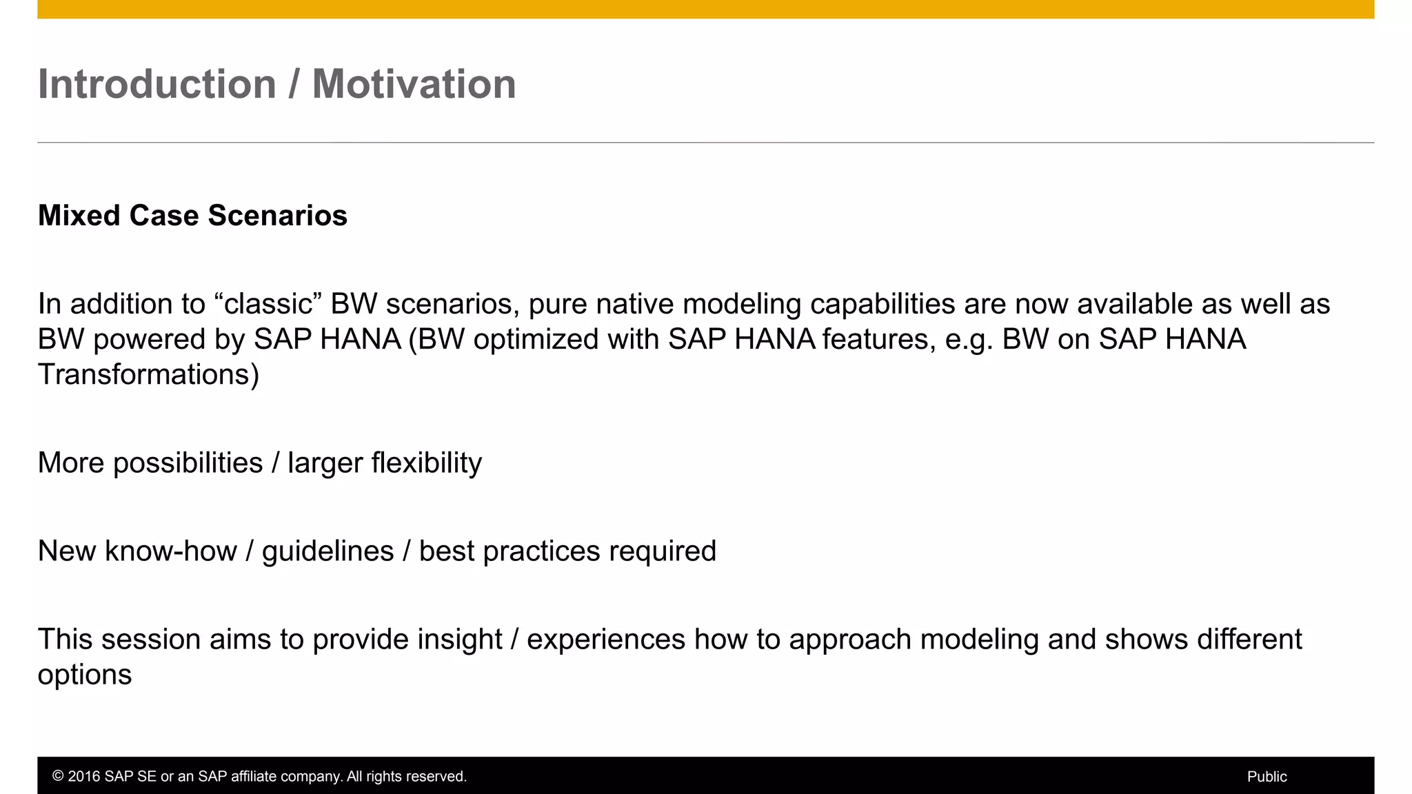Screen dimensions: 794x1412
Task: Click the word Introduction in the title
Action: pos(157,84)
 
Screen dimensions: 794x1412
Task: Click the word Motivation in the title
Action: pos(414,84)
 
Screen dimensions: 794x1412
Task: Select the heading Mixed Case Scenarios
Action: pos(192,216)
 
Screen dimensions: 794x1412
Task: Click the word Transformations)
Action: pos(148,375)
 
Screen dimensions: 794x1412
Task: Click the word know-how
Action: pos(170,551)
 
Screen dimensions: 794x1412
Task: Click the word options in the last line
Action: pos(84,675)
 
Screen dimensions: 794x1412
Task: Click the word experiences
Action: pos(605,640)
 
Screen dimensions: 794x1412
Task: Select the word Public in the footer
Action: pos(1267,777)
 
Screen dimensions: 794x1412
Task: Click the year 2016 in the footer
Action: pos(84,777)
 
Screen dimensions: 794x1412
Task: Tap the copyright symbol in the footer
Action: pos(58,777)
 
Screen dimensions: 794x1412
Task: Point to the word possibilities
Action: pos(188,463)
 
